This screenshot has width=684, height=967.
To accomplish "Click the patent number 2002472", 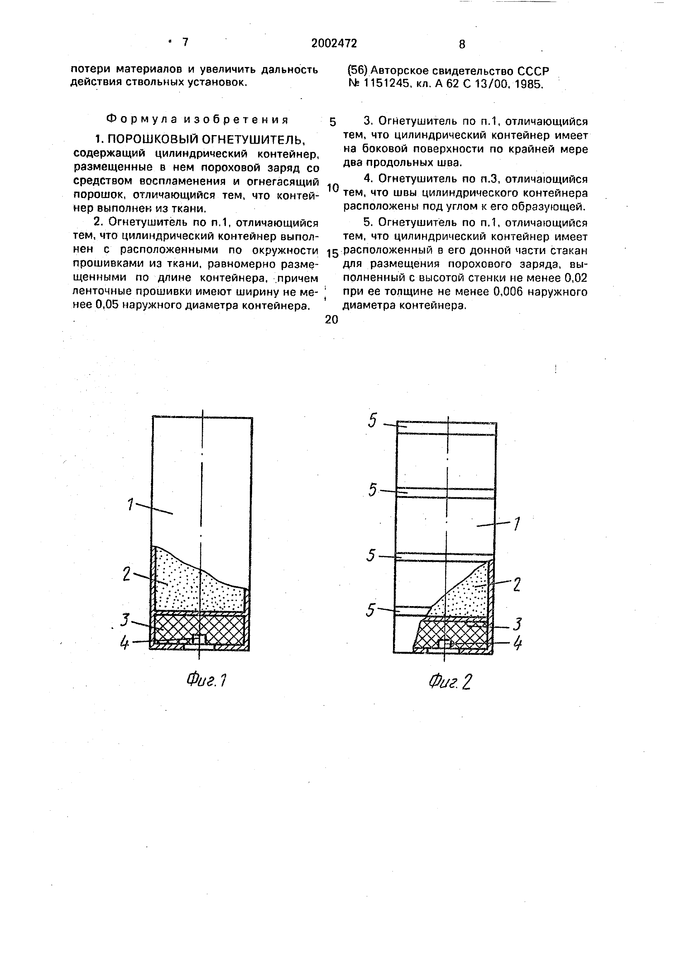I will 334,43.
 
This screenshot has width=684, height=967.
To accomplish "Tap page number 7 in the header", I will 185,42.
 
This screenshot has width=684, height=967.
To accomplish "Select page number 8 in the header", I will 462,44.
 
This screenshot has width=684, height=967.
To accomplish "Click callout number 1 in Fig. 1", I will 131,504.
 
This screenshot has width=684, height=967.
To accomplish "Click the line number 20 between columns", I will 332,320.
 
